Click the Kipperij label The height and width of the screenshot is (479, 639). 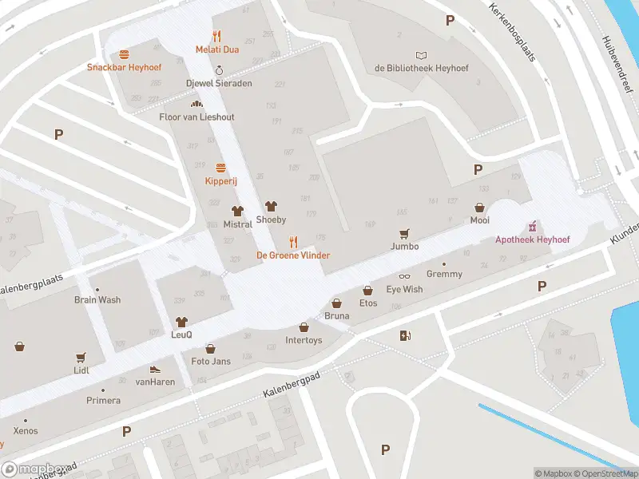220,181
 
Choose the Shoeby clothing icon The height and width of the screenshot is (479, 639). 271,206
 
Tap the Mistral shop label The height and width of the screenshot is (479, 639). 237,224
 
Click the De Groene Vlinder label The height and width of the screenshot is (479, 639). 292,255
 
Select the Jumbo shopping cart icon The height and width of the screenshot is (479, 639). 405,233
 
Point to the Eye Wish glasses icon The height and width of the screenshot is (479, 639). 404,276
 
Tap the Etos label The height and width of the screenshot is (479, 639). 367,303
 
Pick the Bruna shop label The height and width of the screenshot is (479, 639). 336,316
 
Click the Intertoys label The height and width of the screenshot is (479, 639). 304,340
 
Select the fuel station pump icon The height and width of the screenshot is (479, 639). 405,335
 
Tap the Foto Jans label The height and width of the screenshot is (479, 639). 211,362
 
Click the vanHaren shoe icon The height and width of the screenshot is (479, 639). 155,370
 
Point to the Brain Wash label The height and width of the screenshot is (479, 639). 97,300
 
